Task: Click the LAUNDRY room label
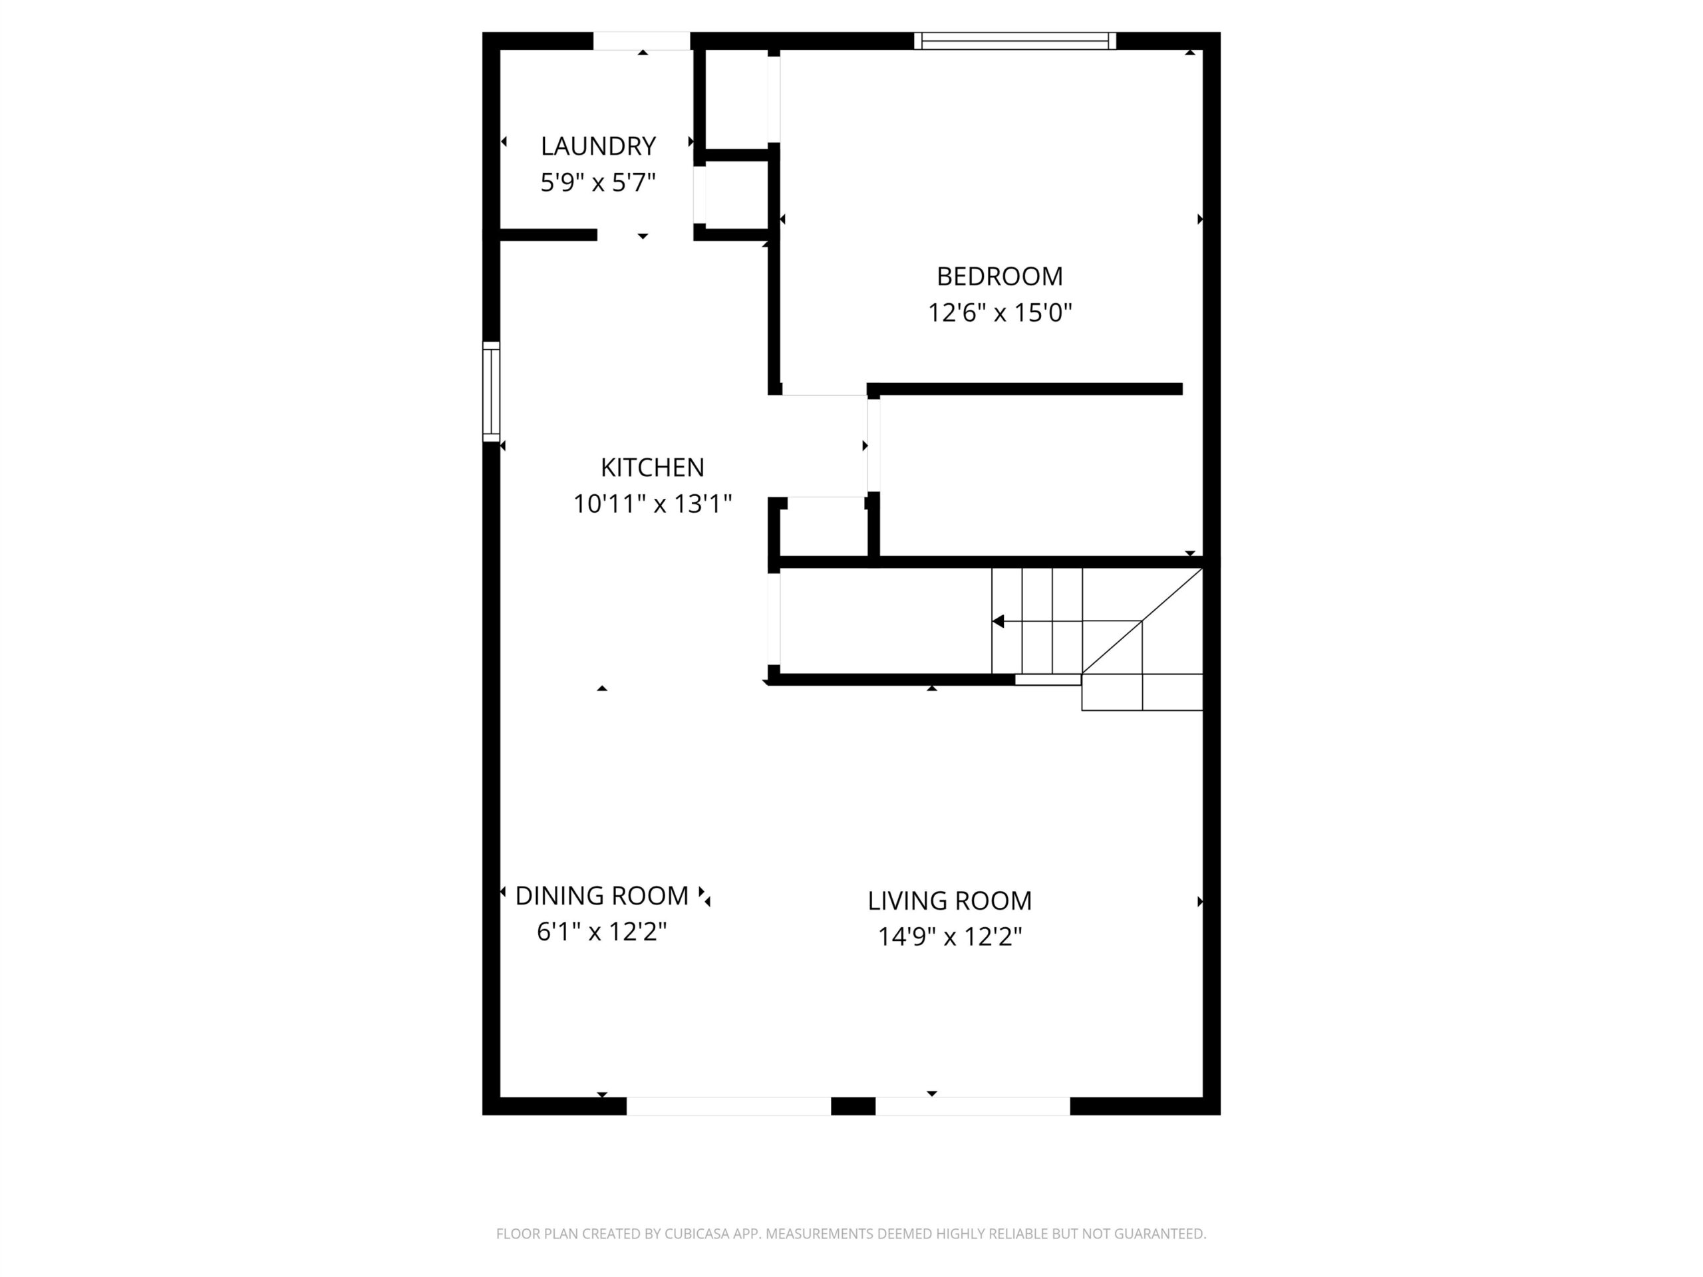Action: tap(598, 146)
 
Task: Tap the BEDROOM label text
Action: tap(999, 275)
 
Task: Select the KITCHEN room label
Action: tap(652, 467)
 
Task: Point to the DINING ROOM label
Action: tap(601, 895)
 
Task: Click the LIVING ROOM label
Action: tap(949, 900)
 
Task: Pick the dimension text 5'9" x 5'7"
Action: tap(598, 182)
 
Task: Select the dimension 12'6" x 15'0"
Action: tap(999, 313)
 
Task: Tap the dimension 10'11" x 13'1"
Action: tap(652, 503)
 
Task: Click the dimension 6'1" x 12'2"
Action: tap(601, 931)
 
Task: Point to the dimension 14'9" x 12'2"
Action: tap(949, 936)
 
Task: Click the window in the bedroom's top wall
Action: tap(1014, 41)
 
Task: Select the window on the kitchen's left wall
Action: tap(491, 392)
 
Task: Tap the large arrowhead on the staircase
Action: tap(998, 621)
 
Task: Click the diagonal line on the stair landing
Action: tap(1142, 621)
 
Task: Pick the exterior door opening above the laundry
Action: tap(641, 41)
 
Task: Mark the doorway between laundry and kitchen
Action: tap(645, 235)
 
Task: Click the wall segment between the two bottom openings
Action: tap(853, 1106)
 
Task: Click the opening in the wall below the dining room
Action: tap(728, 1106)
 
